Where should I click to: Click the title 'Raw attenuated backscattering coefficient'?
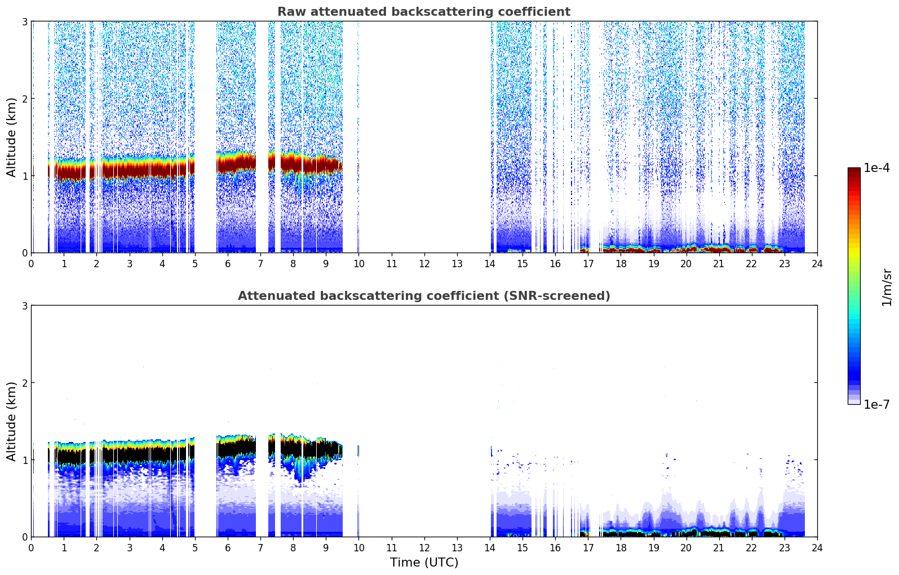coord(423,12)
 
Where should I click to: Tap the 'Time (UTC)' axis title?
coord(424,562)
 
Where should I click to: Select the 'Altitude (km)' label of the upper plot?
coord(11,137)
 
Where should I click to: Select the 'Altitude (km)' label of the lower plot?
coord(11,421)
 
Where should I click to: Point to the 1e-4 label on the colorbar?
coord(876,168)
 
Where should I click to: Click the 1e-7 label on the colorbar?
coord(876,404)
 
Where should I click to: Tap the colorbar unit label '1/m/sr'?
coord(887,287)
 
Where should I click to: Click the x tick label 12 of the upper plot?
coord(424,264)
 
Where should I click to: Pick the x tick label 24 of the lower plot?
coord(817,548)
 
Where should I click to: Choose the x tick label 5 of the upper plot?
coord(195,264)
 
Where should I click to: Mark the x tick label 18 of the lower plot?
coord(621,548)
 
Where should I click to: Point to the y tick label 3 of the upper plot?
coord(25,21)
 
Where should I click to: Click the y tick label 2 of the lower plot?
coord(25,383)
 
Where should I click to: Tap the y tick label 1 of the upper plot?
coord(25,176)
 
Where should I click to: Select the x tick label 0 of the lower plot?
coord(31,548)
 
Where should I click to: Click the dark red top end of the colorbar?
coord(854,170)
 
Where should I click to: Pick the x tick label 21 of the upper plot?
coord(719,264)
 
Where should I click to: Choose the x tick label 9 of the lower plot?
coord(326,548)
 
